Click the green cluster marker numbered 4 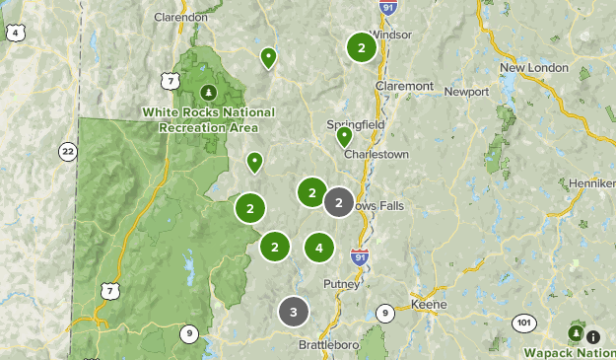(x=318, y=247)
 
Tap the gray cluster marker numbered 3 (x=293, y=312)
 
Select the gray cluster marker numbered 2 (x=338, y=202)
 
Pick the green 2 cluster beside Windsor (x=362, y=46)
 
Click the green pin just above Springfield (x=344, y=137)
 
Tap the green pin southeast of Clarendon (x=268, y=57)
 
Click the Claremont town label (x=404, y=86)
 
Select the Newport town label (x=466, y=92)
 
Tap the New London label (x=534, y=67)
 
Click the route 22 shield (x=67, y=151)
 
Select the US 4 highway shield (x=14, y=34)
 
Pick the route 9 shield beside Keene (x=384, y=314)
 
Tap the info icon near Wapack (x=593, y=336)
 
